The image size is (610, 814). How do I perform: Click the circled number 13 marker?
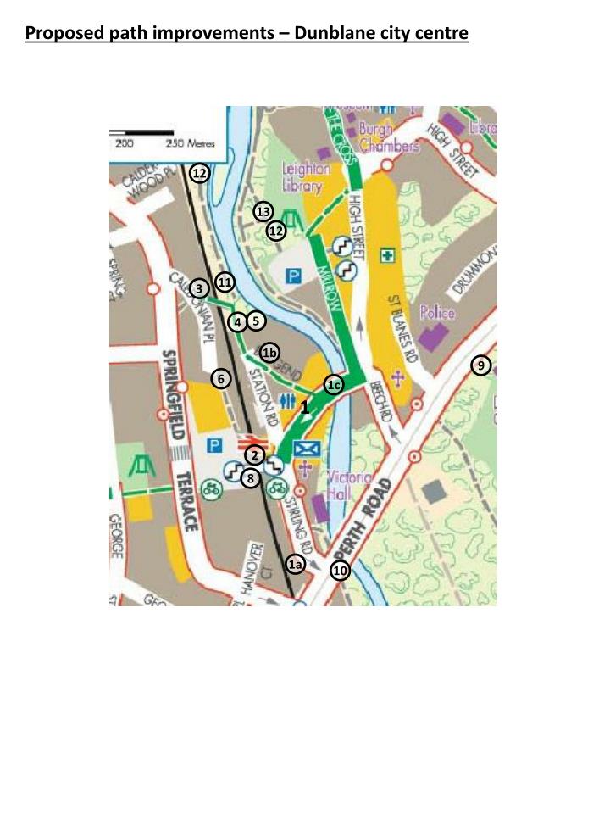pos(263,211)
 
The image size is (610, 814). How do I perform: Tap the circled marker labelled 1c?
pos(334,385)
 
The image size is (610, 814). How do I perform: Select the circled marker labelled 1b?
pos(270,353)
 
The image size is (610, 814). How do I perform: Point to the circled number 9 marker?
pos(480,365)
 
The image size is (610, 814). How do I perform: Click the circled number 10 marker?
pos(340,571)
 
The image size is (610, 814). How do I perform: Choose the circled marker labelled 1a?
pos(295,564)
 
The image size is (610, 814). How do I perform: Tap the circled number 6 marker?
pos(220,379)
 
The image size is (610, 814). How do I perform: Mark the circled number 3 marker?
pos(199,288)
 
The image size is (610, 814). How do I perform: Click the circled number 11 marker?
pos(225,282)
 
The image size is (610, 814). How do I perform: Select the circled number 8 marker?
pos(250,479)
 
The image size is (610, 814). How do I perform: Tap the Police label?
pos(437,314)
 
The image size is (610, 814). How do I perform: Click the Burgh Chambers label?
pos(389,137)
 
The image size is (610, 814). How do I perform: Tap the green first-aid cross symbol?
pos(387,254)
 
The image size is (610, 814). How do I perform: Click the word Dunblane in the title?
pos(324,34)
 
